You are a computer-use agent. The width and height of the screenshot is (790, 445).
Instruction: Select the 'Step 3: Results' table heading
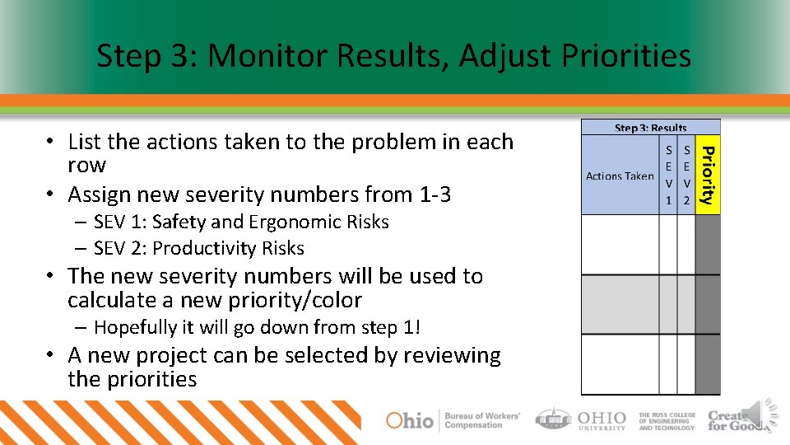pyautogui.click(x=650, y=128)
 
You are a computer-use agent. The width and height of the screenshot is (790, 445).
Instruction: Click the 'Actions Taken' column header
pyautogui.click(x=620, y=176)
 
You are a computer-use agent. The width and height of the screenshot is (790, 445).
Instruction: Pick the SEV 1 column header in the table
pyautogui.click(x=668, y=176)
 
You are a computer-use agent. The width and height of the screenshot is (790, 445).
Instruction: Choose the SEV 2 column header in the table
pyautogui.click(x=686, y=176)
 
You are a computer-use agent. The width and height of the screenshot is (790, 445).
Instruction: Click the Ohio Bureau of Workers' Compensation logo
pyautogui.click(x=453, y=419)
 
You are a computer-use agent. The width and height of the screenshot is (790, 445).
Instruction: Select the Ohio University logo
pyautogui.click(x=581, y=419)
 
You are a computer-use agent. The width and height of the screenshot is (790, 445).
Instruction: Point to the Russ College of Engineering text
pyautogui.click(x=667, y=421)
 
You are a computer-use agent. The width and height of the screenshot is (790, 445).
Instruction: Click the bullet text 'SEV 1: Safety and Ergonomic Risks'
pyautogui.click(x=241, y=222)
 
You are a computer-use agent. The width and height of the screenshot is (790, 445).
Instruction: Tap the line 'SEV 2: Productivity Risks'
pyautogui.click(x=198, y=248)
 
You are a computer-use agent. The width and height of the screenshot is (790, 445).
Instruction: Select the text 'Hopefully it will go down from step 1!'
pyautogui.click(x=257, y=327)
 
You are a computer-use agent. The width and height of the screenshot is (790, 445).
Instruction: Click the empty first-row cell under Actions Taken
pyautogui.click(x=620, y=245)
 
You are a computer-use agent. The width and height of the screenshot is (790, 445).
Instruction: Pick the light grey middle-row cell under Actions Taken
pyautogui.click(x=620, y=304)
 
